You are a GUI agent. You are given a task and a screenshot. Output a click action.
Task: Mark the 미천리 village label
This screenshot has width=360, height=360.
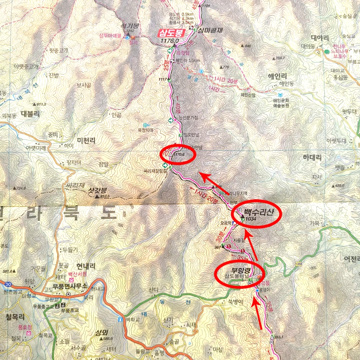[x=86, y=141]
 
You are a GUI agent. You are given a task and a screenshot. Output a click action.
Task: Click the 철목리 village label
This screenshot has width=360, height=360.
[x=15, y=317]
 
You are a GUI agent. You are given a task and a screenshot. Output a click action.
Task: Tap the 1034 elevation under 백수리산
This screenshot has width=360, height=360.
[x=251, y=219]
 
